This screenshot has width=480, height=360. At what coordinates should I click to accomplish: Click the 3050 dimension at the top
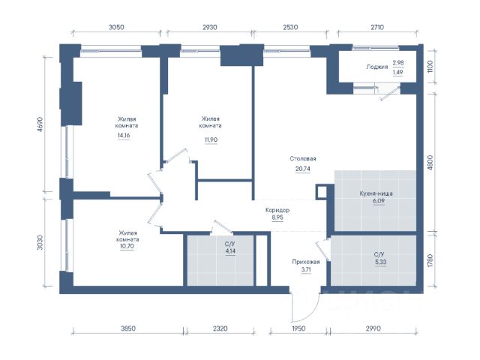(116, 27)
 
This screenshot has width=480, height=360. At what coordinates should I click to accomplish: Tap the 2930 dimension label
(210, 27)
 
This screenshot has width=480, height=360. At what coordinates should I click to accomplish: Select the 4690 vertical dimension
(40, 124)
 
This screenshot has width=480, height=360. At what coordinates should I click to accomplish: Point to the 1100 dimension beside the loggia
(430, 67)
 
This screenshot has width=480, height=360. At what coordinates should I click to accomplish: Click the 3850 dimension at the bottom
(128, 328)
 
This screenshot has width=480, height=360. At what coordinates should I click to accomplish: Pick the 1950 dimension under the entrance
(298, 328)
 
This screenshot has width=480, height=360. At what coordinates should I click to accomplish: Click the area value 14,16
(124, 135)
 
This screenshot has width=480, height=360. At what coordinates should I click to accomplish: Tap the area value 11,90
(211, 140)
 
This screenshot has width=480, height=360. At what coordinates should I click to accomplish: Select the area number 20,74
(303, 169)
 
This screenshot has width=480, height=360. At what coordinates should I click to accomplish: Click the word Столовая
(303, 158)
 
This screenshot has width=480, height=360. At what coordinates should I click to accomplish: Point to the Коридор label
(277, 210)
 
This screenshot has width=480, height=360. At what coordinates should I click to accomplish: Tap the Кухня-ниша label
(376, 193)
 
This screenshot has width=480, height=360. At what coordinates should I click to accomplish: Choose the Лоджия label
(377, 67)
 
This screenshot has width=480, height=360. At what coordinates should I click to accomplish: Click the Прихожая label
(306, 262)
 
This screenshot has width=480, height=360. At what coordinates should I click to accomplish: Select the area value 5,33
(380, 262)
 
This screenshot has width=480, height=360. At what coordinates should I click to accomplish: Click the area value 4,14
(230, 251)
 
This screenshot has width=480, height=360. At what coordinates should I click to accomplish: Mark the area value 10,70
(127, 246)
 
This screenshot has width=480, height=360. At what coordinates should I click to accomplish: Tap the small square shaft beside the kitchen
(322, 192)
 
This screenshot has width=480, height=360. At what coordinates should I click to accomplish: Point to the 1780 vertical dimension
(430, 260)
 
